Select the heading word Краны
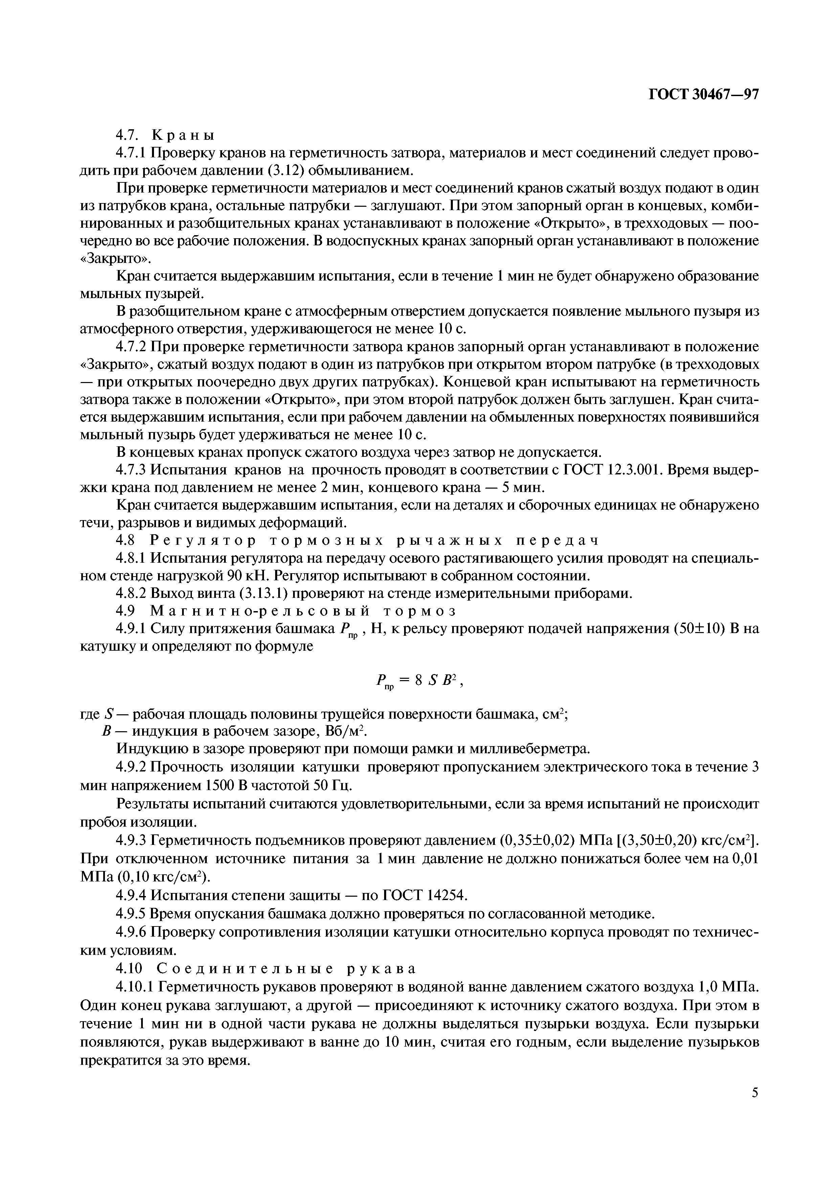(x=183, y=135)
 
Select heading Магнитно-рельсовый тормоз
(x=304, y=611)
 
